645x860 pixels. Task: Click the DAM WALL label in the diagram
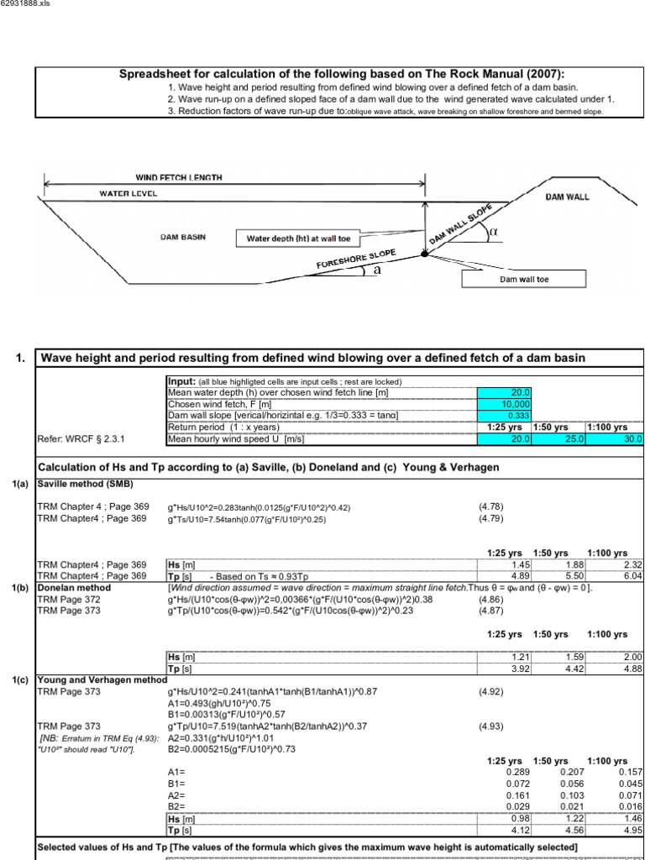coord(567,197)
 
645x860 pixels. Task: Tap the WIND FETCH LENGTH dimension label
coord(179,177)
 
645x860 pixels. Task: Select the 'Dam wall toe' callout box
coord(523,279)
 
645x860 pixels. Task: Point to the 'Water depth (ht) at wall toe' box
coord(292,239)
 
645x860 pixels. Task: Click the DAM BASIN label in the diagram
coord(182,237)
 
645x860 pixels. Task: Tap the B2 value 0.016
coord(631,805)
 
